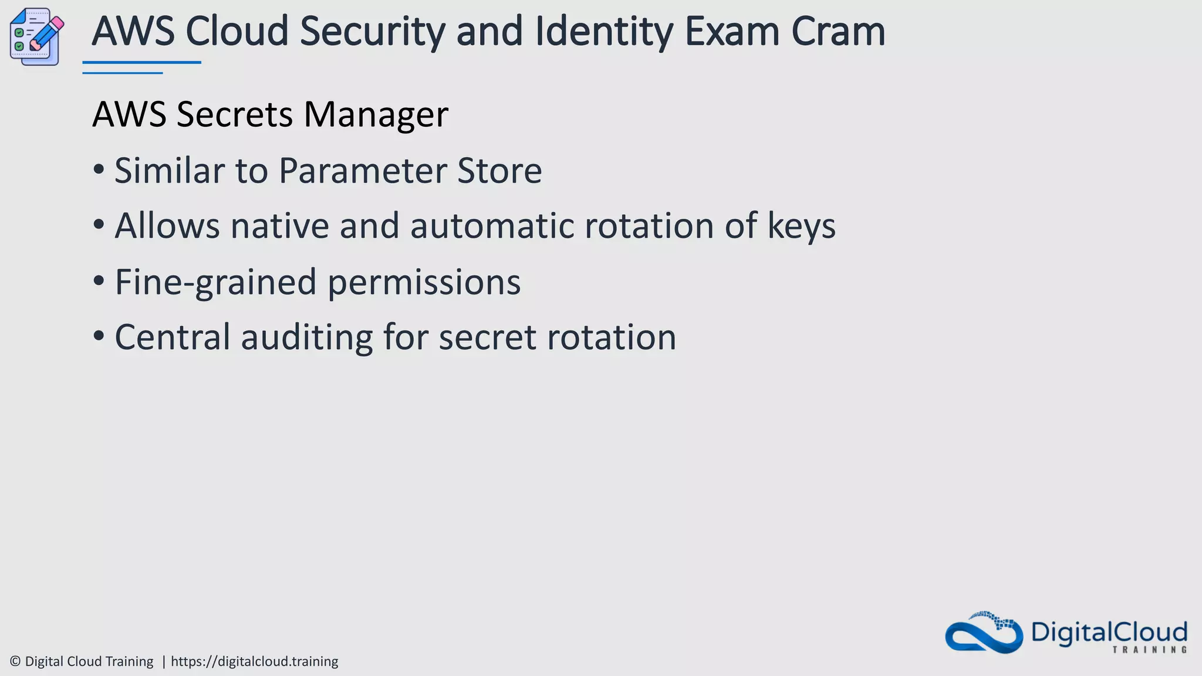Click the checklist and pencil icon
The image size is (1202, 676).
click(x=36, y=36)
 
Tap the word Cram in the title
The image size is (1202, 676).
click(x=838, y=32)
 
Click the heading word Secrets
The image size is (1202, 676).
click(x=234, y=114)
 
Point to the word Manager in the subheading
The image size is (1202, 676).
click(x=376, y=115)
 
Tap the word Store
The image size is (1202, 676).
click(x=499, y=171)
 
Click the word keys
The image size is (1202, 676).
click(x=801, y=227)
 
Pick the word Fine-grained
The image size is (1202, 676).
click(x=215, y=283)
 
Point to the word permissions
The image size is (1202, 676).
click(x=424, y=283)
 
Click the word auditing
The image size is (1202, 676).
click(x=306, y=338)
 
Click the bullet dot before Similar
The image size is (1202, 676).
click(x=99, y=170)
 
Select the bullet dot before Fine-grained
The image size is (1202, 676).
click(x=99, y=282)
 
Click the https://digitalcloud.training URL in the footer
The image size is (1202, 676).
click(x=254, y=661)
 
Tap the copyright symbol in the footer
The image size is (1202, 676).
click(x=15, y=661)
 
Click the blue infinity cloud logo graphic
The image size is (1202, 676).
click(x=984, y=634)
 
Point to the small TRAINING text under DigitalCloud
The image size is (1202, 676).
click(x=1149, y=650)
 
